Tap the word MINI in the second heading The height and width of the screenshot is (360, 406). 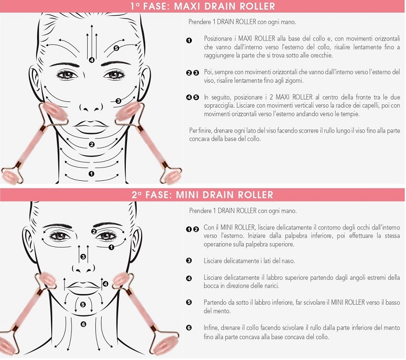187,195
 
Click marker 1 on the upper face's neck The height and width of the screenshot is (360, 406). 91,174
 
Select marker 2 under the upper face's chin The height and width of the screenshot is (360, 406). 91,145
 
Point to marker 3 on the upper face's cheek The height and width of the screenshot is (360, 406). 118,101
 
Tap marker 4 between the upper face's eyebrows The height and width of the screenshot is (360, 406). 91,60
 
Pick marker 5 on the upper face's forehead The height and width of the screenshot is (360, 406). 116,48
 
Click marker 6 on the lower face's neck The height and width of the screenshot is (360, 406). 83,324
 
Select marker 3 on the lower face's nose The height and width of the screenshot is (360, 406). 83,256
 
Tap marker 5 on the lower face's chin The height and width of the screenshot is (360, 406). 83,305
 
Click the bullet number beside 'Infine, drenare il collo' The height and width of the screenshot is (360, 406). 189,328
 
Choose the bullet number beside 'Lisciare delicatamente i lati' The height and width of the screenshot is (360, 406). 189,261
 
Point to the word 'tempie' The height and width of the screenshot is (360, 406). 350,114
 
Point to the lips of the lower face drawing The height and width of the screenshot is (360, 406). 83,288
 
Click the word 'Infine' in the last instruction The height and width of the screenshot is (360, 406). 211,328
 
